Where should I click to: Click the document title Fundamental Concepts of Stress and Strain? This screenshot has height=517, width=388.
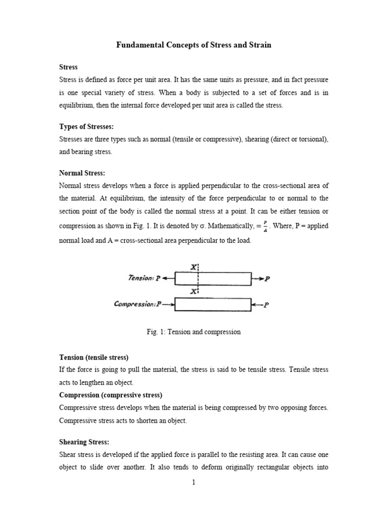[x=194, y=45]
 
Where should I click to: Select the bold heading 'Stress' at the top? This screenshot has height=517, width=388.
[x=68, y=67]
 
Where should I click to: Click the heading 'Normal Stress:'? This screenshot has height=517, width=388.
[x=82, y=173]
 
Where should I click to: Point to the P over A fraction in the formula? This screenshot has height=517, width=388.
[x=265, y=226]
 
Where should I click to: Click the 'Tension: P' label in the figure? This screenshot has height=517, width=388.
[x=145, y=278]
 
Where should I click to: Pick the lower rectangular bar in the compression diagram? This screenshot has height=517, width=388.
[x=213, y=304]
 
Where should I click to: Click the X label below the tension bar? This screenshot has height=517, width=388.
[x=193, y=292]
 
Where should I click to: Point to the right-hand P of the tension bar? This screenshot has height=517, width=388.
[x=268, y=279]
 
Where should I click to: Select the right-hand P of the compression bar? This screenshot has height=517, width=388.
[x=267, y=305]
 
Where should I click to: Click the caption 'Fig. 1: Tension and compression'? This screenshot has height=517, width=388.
[x=193, y=332]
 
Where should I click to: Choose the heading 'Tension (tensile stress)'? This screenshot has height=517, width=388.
[x=93, y=357]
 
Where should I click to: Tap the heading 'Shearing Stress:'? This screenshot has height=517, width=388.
[x=84, y=442]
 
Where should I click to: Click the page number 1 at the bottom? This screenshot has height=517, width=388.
[x=193, y=482]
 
